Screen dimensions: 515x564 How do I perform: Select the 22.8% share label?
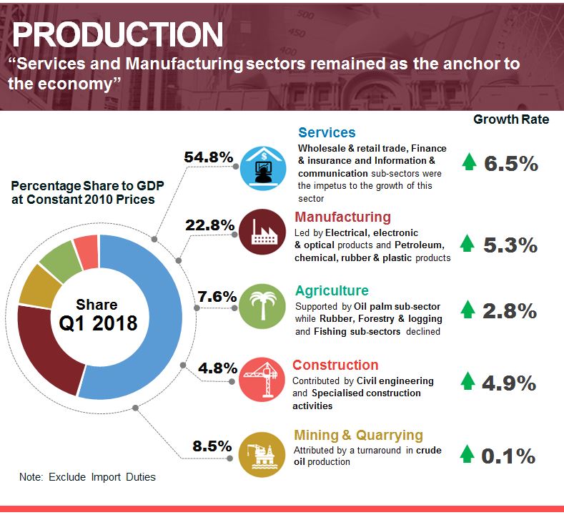[209, 225]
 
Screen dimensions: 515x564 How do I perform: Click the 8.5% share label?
[212, 446]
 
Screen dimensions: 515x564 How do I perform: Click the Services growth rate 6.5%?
[510, 163]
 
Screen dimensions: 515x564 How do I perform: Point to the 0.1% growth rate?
[509, 456]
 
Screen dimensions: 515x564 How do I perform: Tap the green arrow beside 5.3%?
[468, 244]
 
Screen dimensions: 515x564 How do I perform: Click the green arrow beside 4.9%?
[468, 381]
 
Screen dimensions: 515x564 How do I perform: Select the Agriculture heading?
[332, 290]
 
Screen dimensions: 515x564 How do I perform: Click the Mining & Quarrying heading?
[358, 435]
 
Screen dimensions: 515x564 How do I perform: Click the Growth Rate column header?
[511, 119]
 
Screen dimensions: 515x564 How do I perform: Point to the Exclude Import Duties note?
[87, 476]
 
